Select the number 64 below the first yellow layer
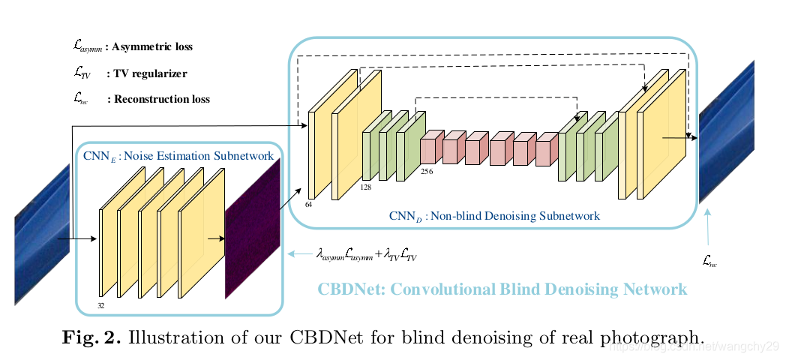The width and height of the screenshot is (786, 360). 310,203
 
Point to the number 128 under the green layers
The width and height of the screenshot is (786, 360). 366,187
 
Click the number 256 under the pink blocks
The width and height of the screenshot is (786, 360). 426,171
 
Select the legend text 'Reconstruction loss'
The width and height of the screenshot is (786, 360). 161,99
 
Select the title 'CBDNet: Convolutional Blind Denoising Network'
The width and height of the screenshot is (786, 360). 502,289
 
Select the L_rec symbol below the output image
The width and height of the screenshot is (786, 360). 709,259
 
